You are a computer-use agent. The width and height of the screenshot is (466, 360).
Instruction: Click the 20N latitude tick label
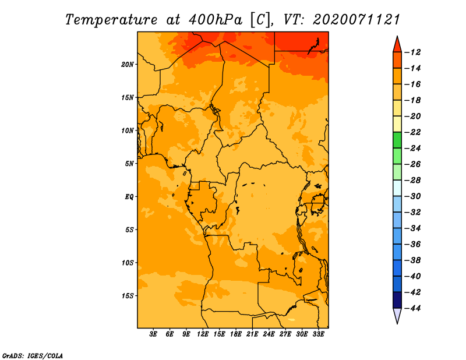point(128,65)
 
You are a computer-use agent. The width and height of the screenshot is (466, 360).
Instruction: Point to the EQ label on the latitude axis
point(129,197)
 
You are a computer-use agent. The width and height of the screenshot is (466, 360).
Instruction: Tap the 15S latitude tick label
point(128,296)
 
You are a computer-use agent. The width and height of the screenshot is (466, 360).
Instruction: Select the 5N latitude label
point(129,164)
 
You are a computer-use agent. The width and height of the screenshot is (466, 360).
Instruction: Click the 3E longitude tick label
point(153,334)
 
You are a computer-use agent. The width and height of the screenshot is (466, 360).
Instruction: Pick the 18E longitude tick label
point(236,334)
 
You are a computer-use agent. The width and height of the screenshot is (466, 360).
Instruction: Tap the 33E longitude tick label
point(318,334)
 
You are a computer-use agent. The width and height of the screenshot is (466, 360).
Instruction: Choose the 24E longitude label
point(269,334)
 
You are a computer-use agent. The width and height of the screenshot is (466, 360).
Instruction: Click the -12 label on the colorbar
point(412,52)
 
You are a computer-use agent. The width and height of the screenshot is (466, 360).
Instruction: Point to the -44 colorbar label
point(412,308)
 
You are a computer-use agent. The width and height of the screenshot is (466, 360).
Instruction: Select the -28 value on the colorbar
point(412,181)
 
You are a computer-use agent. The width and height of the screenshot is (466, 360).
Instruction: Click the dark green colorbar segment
point(397,140)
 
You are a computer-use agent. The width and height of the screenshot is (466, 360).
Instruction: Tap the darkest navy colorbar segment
point(397,300)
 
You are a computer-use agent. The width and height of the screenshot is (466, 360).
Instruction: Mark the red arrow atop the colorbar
point(397,44)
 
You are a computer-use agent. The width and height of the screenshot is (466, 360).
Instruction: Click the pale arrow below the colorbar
point(397,316)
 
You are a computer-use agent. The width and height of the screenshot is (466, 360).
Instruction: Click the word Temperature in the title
point(111,20)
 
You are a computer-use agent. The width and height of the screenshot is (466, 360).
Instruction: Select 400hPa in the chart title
point(215,20)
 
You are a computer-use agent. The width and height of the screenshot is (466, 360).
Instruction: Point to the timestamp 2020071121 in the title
point(356,20)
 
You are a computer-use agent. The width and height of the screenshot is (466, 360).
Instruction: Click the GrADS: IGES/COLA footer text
point(33,356)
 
